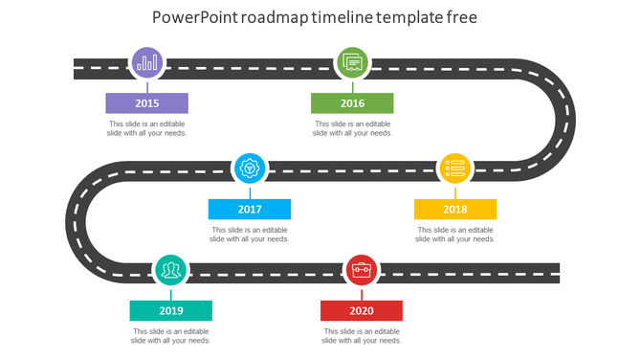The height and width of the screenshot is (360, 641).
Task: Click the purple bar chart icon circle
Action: tap(147, 64)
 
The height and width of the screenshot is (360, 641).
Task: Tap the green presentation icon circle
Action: tap(352, 64)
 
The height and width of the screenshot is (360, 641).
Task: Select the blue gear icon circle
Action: tap(251, 169)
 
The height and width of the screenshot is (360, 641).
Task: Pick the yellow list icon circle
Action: tap(455, 169)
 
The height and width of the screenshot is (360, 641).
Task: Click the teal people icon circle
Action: tap(171, 271)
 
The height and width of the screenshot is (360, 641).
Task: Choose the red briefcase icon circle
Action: tap(362, 271)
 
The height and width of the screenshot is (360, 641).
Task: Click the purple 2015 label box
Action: tap(146, 103)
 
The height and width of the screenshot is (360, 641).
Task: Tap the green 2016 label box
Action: tap(352, 103)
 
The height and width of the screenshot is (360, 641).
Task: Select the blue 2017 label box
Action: tap(250, 210)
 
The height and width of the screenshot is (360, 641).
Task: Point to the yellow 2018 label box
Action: tap(455, 210)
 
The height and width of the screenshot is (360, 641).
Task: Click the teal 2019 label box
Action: tap(171, 311)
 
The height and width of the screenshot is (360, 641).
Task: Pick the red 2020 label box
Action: tap(362, 311)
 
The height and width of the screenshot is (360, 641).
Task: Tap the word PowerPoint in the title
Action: tap(197, 18)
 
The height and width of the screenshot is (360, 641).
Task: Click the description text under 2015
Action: tap(146, 129)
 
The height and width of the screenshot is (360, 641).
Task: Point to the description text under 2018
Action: tap(455, 235)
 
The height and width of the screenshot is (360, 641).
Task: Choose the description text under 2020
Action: tap(362, 336)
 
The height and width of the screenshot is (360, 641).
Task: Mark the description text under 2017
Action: tap(250, 235)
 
